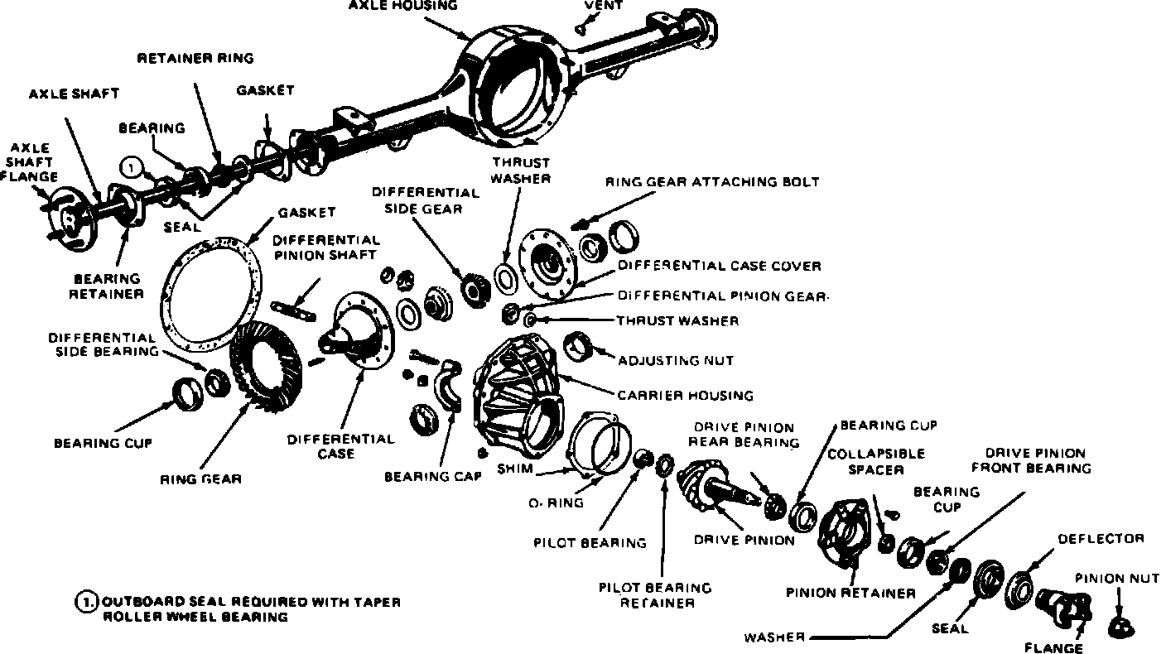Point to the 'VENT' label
tap(604, 5)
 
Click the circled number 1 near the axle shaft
tap(132, 167)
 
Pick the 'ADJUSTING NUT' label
tap(675, 361)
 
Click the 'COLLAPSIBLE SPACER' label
tap(875, 462)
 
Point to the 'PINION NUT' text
tap(1118, 578)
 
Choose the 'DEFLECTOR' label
tap(1101, 539)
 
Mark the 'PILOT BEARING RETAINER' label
tap(655, 595)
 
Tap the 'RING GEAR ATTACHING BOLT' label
tap(712, 181)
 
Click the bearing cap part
tap(451, 385)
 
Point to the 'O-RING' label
tap(556, 503)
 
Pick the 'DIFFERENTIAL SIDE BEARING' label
tap(102, 344)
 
